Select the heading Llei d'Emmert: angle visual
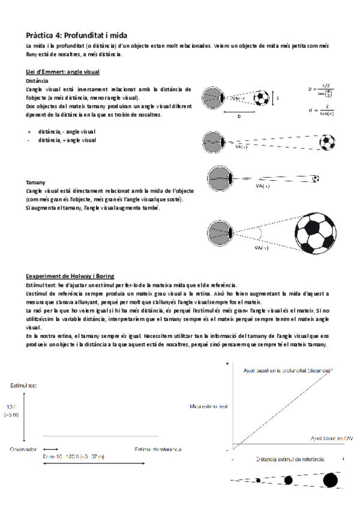click(59, 71)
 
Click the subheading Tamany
click(35, 182)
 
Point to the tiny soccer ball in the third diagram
click(316, 178)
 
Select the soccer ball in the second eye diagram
click(326, 142)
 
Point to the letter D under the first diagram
click(239, 116)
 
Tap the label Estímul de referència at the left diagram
click(158, 448)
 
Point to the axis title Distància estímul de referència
click(290, 459)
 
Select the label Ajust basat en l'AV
click(331, 439)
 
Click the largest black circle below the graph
click(329, 480)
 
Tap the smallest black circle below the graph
click(258, 480)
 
